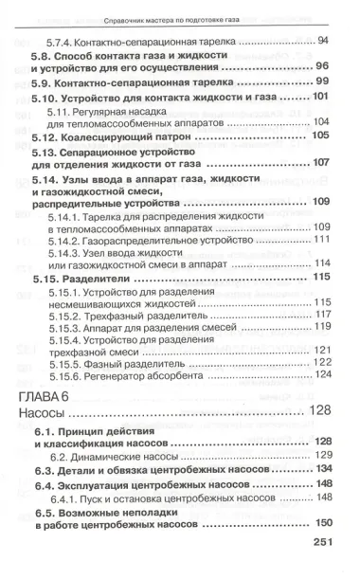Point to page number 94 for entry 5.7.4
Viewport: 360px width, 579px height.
(323, 40)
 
